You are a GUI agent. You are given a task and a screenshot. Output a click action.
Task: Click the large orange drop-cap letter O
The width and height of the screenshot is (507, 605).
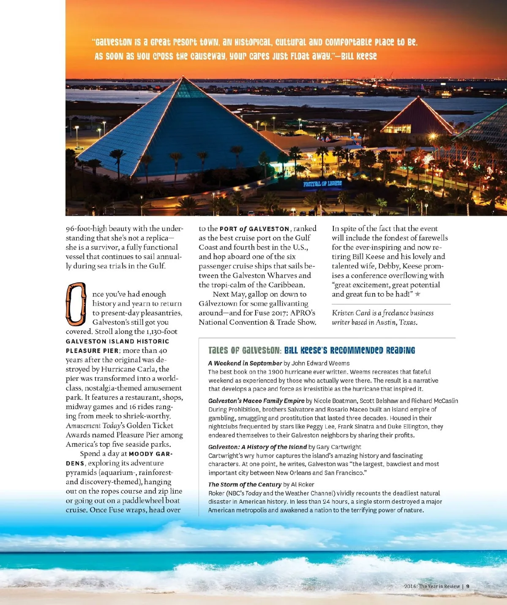[x=76, y=304]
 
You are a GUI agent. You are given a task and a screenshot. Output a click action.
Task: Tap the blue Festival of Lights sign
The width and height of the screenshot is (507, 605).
[x=322, y=184]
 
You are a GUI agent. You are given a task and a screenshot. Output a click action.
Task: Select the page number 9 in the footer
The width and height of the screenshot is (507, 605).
[x=468, y=586]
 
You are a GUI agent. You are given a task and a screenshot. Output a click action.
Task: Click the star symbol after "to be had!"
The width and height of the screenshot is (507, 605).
[x=417, y=294]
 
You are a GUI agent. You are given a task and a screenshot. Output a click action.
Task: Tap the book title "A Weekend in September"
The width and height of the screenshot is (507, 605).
[x=245, y=363]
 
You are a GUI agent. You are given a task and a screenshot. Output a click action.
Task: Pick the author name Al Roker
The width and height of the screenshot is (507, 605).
[x=303, y=484]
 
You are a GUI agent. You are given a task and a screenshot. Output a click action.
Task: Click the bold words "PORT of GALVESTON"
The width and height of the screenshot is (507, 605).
[x=254, y=229]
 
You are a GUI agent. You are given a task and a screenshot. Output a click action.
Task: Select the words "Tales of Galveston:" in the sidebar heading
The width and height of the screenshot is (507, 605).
[x=245, y=350]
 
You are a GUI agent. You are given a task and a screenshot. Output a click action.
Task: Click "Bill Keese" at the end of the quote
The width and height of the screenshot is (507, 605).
[x=359, y=56]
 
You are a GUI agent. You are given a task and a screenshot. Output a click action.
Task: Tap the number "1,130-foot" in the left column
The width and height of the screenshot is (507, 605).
[x=162, y=332]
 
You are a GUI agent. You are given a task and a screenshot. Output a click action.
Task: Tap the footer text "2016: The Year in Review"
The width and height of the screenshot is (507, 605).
[x=432, y=586]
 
